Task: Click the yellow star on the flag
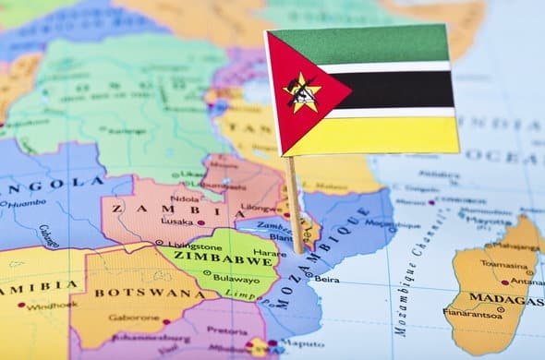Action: (303, 92)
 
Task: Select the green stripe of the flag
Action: (369, 44)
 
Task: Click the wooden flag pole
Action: (294, 203)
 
